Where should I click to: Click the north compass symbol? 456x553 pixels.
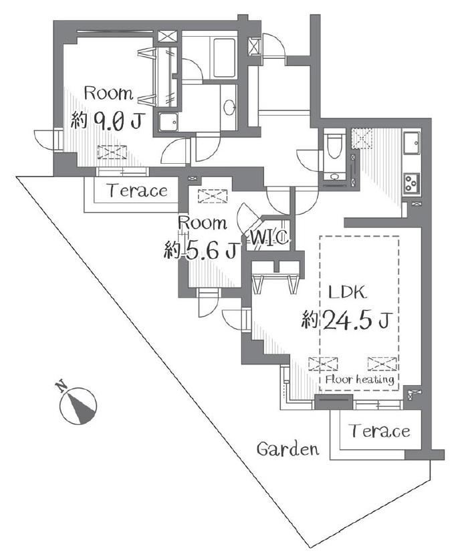[x=78, y=406]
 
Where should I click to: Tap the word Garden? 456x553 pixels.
[x=288, y=449]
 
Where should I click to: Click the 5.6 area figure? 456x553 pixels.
[x=210, y=251]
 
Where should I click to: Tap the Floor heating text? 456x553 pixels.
[x=360, y=380]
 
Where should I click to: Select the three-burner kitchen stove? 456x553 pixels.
[x=412, y=183]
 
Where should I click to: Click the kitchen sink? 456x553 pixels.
[x=412, y=143]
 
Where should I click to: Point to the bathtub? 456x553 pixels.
[x=224, y=58]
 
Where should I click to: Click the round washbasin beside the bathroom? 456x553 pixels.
[x=229, y=106]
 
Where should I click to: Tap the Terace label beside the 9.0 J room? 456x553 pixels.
[x=138, y=191]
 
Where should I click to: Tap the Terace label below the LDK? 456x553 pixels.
[x=380, y=431]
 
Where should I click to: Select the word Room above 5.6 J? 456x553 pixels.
[x=203, y=223]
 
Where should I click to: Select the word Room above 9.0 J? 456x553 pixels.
[x=108, y=94]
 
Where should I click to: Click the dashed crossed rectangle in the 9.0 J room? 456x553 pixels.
[x=112, y=152]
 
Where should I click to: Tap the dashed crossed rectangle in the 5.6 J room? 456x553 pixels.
[x=213, y=196]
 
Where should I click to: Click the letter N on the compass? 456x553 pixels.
[x=62, y=386]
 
